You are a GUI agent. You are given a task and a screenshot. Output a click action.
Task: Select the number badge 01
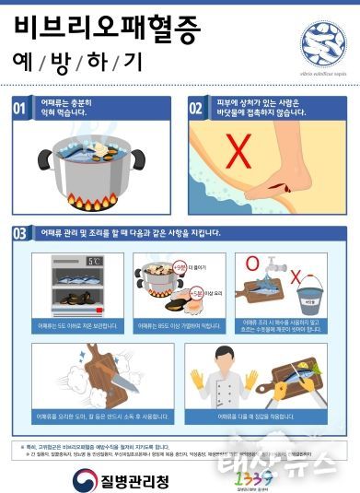pyautogui.click(x=19, y=110)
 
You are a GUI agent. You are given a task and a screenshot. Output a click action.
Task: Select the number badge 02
pyautogui.click(x=196, y=109)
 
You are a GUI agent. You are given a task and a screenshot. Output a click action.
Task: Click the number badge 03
pyautogui.click(x=19, y=233)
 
